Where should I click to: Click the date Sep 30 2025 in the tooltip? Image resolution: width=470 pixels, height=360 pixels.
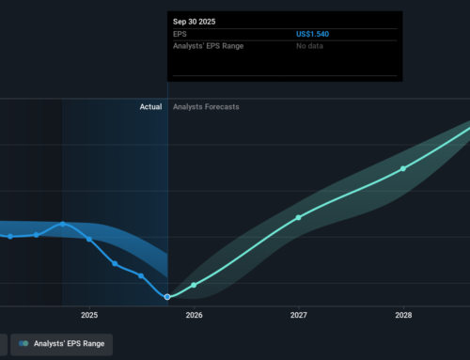tap(194, 19)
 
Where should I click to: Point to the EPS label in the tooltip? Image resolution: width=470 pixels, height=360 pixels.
tap(180, 34)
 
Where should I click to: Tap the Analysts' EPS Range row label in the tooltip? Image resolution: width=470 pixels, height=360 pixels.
tap(208, 46)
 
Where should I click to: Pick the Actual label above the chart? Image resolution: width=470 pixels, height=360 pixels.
tap(150, 107)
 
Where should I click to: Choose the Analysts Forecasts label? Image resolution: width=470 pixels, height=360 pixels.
tap(206, 107)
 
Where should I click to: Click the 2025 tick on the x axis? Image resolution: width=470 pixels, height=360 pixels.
tap(89, 315)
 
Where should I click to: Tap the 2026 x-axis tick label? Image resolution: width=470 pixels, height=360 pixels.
tap(194, 315)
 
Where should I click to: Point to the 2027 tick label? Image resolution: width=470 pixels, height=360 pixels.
tap(298, 315)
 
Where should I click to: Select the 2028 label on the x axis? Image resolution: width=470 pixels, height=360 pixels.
tap(402, 315)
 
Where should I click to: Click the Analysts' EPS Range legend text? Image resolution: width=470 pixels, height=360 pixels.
tap(70, 344)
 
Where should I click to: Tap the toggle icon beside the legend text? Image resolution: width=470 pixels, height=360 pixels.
tap(23, 344)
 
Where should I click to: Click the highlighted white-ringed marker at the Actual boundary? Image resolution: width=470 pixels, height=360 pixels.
tap(168, 297)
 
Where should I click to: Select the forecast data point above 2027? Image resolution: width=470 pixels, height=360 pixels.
tap(298, 217)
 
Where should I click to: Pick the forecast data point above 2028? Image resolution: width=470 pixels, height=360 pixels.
tap(403, 168)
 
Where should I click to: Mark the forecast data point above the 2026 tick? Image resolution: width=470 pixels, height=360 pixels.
tap(194, 285)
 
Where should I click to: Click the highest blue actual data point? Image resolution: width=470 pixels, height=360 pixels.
tap(63, 224)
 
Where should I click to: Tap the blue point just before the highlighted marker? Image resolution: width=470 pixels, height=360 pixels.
tap(141, 275)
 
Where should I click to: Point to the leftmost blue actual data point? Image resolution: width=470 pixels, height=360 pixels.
tap(10, 236)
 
